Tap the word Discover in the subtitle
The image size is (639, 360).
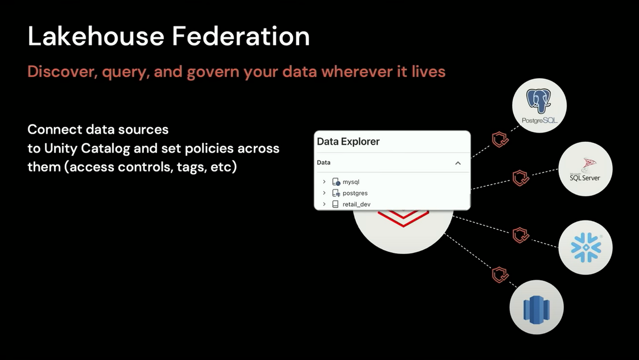[x=63, y=71]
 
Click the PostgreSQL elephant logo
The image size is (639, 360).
[x=538, y=101]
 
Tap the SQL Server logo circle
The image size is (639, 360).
[x=585, y=169]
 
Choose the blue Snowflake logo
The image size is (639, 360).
[x=586, y=247]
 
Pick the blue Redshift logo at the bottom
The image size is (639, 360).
[x=536, y=310]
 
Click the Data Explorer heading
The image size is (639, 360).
[x=348, y=142]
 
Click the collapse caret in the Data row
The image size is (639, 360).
[x=458, y=163]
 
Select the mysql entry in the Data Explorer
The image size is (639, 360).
[x=351, y=182]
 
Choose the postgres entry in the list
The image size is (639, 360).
[x=355, y=193]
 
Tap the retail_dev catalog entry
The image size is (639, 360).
[x=357, y=204]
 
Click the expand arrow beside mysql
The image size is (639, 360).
[x=324, y=182]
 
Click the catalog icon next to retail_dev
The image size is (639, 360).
[x=335, y=204]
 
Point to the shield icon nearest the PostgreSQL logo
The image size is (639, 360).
[x=500, y=140]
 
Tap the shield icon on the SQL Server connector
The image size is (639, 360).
[x=521, y=178]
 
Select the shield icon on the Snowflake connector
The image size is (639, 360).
[x=521, y=235]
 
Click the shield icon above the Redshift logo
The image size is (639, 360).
[x=500, y=275]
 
